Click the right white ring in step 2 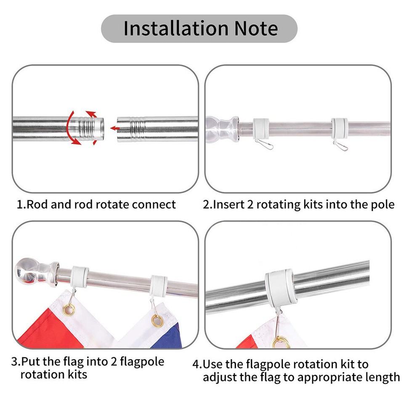(339, 127)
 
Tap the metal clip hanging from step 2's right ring (340, 146)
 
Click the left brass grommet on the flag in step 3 (69, 311)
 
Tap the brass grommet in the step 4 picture (280, 342)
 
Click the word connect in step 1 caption (154, 205)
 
